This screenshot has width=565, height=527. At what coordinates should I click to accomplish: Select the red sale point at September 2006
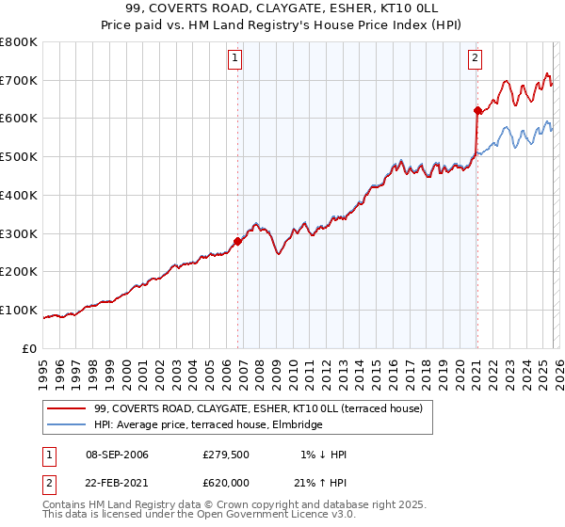pos(237,241)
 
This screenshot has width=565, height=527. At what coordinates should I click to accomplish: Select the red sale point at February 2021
pos(477,111)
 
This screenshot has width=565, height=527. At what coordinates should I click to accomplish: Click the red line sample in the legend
pos(67,408)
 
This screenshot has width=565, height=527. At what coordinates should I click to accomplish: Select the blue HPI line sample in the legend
pos(67,425)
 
